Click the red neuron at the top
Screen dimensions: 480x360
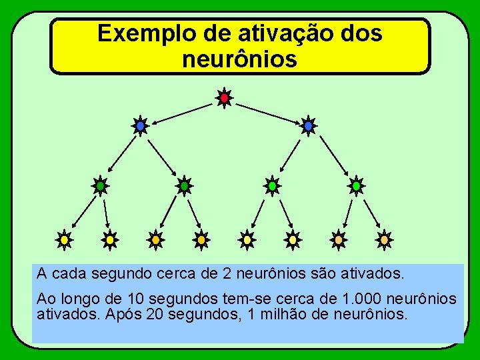pyautogui.click(x=225, y=98)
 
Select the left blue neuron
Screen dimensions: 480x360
pyautogui.click(x=140, y=125)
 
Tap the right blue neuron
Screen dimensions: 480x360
pyautogui.click(x=308, y=125)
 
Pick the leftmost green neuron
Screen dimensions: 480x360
pyautogui.click(x=99, y=186)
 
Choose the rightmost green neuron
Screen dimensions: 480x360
pyautogui.click(x=356, y=186)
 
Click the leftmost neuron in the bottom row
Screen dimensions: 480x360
pyautogui.click(x=64, y=239)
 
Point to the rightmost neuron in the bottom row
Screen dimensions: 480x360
pyautogui.click(x=384, y=239)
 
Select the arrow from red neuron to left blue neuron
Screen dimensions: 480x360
pyautogui.click(x=183, y=112)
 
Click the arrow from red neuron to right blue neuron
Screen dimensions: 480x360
pyautogui.click(x=266, y=112)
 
